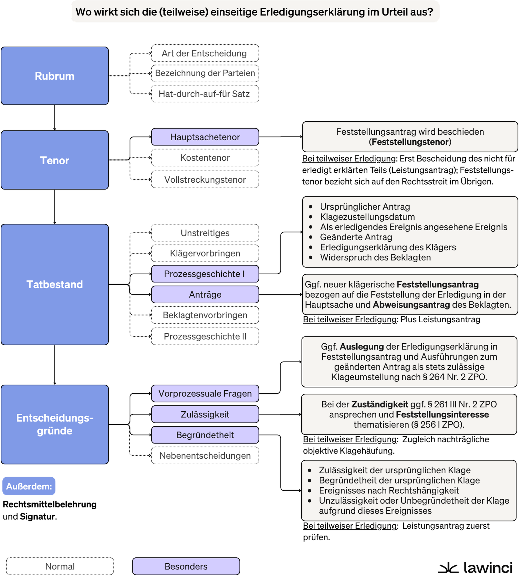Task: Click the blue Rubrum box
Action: click(x=54, y=76)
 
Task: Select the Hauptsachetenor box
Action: click(x=205, y=137)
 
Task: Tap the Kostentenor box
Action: click(x=205, y=158)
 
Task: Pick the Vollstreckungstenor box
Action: click(x=205, y=179)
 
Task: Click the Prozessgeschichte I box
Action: click(x=205, y=274)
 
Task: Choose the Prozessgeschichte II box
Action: click(x=205, y=336)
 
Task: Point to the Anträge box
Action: click(x=205, y=294)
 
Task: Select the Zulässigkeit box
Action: click(x=205, y=414)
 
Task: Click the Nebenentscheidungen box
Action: click(x=205, y=455)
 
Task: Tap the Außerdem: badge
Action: click(x=29, y=486)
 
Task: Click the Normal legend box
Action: click(x=60, y=566)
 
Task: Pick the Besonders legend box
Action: click(x=186, y=566)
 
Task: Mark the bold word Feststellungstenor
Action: click(x=410, y=142)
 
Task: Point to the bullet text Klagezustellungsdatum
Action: click(x=367, y=217)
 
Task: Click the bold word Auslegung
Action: click(x=362, y=347)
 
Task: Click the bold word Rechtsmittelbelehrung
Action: click(x=50, y=504)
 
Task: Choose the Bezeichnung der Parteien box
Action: click(x=205, y=73)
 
